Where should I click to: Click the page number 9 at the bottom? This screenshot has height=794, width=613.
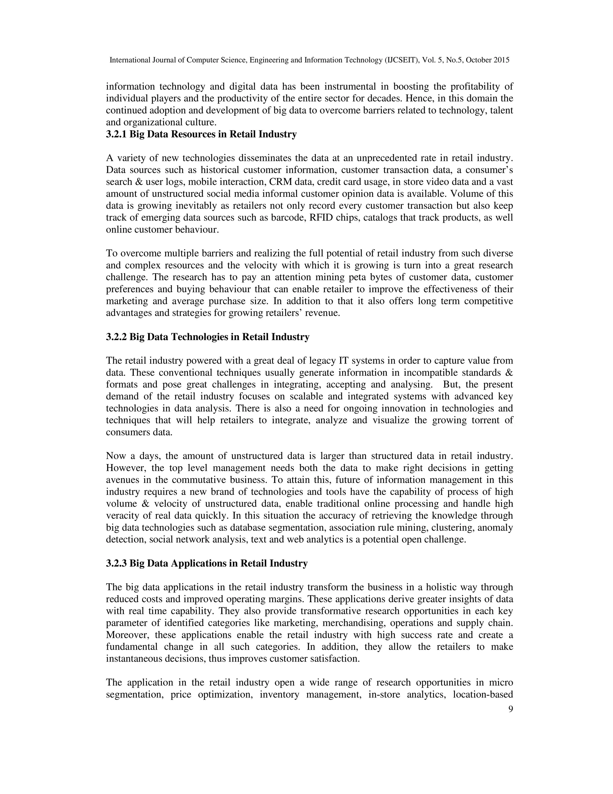511,709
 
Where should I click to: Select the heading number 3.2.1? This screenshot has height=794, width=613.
116,134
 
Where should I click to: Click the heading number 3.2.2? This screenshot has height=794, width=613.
116,337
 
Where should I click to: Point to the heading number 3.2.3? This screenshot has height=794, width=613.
116,563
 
